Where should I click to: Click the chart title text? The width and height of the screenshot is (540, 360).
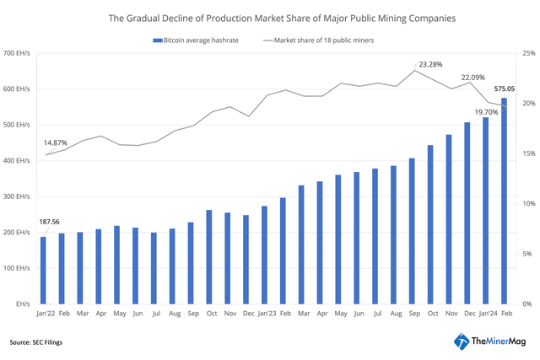[270, 17]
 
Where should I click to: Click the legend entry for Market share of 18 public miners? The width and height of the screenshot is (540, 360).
[321, 40]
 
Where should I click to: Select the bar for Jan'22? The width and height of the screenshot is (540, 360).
[43, 270]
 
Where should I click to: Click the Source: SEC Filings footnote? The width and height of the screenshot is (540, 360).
[36, 342]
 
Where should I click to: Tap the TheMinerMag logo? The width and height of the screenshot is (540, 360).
[491, 341]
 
